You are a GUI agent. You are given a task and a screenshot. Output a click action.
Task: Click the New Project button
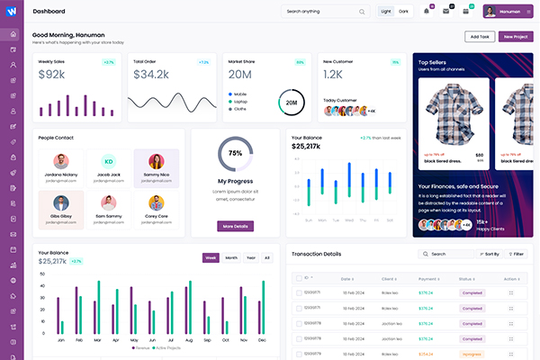(516, 37)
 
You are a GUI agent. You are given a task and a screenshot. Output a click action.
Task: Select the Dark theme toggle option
(403, 12)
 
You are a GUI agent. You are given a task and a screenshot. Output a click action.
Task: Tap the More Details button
(235, 226)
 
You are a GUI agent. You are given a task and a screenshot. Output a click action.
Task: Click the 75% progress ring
(235, 153)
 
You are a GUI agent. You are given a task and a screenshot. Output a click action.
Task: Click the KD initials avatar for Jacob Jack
(109, 161)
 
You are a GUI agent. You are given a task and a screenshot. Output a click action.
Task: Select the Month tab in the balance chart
(231, 257)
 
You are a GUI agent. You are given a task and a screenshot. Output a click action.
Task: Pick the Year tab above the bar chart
(251, 257)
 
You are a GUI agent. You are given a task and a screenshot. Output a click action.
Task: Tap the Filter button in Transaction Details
(517, 255)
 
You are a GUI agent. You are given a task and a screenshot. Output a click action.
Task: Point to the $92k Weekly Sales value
(53, 75)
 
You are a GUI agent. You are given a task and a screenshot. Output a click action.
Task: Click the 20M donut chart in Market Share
(291, 103)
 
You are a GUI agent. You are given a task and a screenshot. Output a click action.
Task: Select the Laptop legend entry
(240, 102)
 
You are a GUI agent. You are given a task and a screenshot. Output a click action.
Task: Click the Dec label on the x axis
(262, 341)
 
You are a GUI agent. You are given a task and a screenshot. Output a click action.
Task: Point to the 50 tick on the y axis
(41, 274)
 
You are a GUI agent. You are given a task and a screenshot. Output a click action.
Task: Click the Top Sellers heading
(435, 62)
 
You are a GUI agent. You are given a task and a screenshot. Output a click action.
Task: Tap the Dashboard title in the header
(49, 12)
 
